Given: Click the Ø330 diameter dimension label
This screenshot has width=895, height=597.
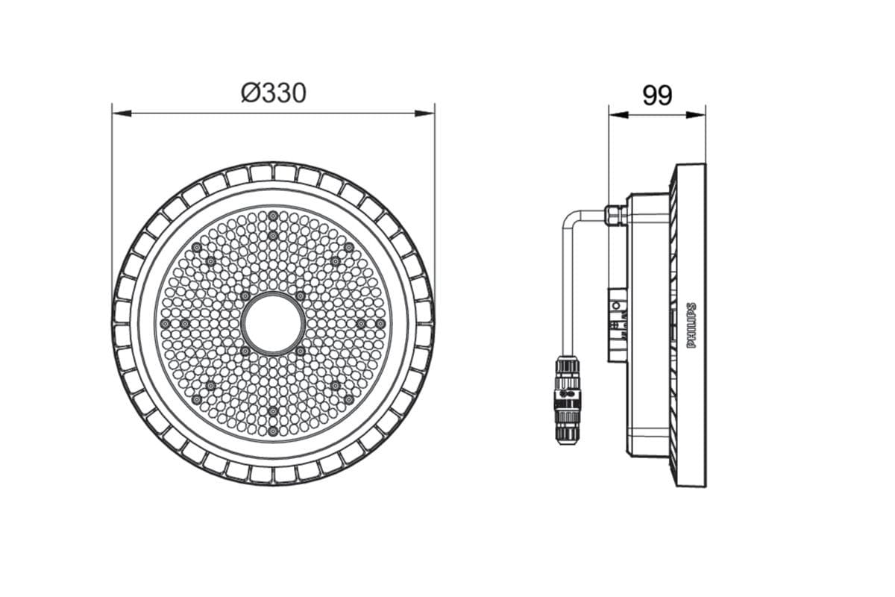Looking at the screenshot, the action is pyautogui.click(x=274, y=93).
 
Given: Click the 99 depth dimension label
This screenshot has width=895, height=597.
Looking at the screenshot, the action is pyautogui.click(x=657, y=96).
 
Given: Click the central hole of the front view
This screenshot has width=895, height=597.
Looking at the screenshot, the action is pyautogui.click(x=273, y=324).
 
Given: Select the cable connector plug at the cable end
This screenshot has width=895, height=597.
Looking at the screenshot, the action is pyautogui.click(x=567, y=399).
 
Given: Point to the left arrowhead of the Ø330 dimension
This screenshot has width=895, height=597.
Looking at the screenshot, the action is pyautogui.click(x=122, y=113).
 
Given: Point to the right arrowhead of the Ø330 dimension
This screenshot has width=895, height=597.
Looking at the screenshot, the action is pyautogui.click(x=425, y=113).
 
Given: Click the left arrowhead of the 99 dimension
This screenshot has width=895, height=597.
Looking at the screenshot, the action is pyautogui.click(x=618, y=115).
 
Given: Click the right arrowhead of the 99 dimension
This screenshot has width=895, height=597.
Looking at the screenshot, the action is pyautogui.click(x=696, y=115).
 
